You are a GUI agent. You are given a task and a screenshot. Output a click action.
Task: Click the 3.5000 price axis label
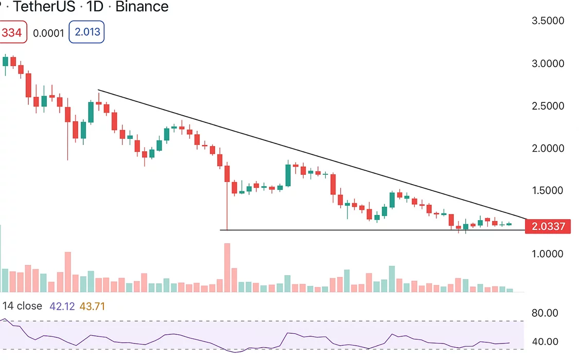[x=548, y=21]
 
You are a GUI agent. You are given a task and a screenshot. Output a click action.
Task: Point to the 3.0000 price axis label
[x=548, y=64]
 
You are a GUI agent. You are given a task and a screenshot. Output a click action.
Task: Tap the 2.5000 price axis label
[x=548, y=106]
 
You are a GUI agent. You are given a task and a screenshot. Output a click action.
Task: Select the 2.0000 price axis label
[x=548, y=148]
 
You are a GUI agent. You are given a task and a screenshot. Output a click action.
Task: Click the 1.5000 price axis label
[x=548, y=190]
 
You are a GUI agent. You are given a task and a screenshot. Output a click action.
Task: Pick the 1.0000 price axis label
[x=548, y=254]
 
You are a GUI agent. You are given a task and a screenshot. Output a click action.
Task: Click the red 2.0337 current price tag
[x=548, y=226]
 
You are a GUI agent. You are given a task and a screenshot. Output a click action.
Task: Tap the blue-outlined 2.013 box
[x=87, y=33]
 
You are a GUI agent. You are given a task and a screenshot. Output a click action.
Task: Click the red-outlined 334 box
[x=11, y=33]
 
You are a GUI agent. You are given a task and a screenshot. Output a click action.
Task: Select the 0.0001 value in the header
[x=48, y=33]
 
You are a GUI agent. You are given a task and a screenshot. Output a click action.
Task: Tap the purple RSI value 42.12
[x=62, y=307]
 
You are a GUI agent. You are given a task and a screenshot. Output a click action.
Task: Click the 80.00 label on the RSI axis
[x=545, y=313]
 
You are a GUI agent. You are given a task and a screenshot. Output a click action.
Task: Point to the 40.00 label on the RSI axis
[x=545, y=341]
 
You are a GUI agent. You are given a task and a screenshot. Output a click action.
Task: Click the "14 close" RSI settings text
[x=22, y=307]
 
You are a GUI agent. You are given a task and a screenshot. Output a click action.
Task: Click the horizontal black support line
[x=360, y=230]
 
